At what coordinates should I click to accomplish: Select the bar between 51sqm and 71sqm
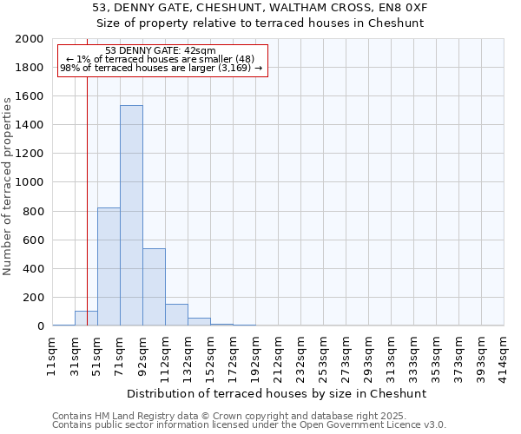[109, 266]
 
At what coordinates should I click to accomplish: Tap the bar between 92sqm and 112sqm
[154, 286]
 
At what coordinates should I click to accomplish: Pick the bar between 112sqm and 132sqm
[176, 315]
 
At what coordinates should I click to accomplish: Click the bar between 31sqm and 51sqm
[86, 319]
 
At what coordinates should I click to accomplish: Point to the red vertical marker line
[88, 174]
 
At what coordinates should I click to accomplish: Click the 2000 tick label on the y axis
[30, 39]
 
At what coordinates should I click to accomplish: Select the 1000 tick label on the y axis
[30, 182]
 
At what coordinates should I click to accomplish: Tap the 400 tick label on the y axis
[33, 268]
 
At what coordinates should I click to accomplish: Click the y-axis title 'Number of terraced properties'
[9, 186]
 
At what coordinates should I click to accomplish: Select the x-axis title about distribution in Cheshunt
[278, 393]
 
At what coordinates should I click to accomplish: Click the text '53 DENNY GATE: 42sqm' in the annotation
[161, 51]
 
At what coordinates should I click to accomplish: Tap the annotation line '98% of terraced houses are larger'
[161, 68]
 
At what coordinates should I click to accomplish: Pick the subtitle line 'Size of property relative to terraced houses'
[260, 23]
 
